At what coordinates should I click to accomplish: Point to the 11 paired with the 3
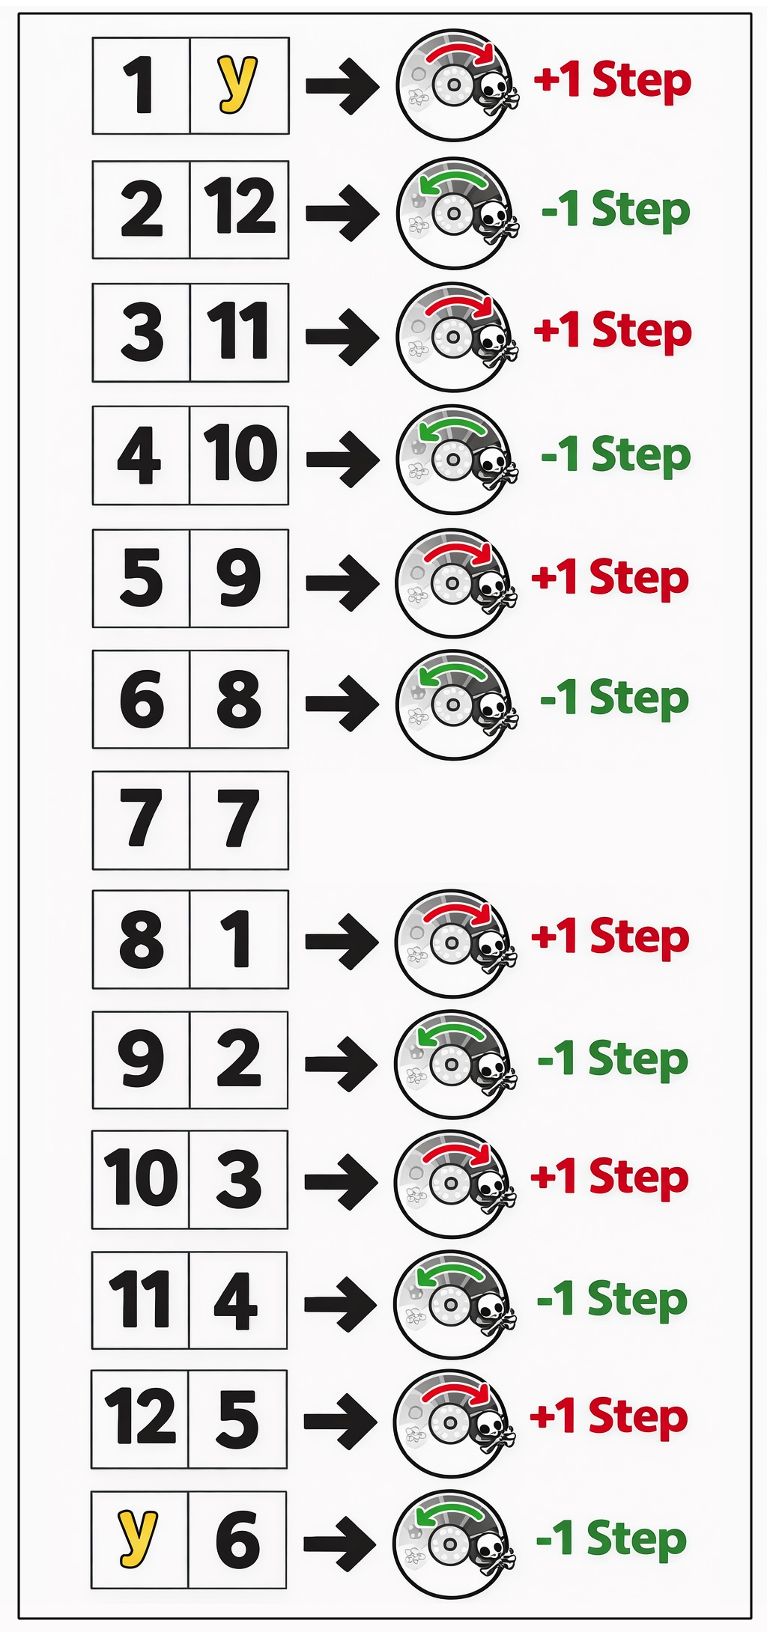click(238, 331)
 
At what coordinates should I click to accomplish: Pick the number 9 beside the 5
click(238, 577)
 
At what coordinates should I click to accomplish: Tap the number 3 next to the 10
click(238, 1179)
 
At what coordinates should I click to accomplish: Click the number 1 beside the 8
click(237, 939)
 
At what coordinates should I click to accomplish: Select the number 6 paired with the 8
click(142, 699)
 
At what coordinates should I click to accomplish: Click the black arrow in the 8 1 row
click(342, 940)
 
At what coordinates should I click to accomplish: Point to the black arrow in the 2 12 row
click(342, 213)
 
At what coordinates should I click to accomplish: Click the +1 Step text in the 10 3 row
click(610, 1178)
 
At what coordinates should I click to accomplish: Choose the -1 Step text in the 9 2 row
click(613, 1060)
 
